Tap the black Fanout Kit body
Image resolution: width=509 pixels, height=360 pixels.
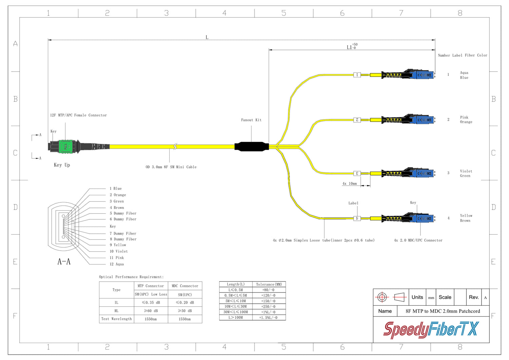(x=251, y=146)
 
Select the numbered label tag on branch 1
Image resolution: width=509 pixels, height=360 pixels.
(x=357, y=75)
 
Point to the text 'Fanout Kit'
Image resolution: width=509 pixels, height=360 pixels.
(x=251, y=120)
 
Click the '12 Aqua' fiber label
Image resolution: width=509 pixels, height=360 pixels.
(x=117, y=264)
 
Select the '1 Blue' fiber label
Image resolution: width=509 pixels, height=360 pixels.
(x=115, y=188)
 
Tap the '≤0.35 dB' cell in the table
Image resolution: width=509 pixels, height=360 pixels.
(x=151, y=303)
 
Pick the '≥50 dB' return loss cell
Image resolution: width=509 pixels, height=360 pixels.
(x=185, y=311)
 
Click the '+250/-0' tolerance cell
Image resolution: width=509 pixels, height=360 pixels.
(x=268, y=306)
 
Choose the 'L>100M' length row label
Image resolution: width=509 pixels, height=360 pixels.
(x=235, y=318)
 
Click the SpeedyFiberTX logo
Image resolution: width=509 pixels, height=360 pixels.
(x=431, y=330)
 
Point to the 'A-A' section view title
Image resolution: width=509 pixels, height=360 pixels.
(x=64, y=262)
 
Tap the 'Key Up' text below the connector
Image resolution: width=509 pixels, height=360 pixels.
(x=62, y=165)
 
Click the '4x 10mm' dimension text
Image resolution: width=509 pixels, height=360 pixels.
(x=350, y=184)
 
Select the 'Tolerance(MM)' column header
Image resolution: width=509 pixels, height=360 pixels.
(x=269, y=284)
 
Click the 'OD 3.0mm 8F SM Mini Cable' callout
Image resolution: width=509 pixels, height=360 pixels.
(x=171, y=167)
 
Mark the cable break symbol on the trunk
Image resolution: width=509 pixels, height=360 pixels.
(x=175, y=146)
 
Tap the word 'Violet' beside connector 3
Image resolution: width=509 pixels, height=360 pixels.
(x=466, y=171)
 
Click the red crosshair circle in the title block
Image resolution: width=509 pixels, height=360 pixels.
(x=382, y=298)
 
